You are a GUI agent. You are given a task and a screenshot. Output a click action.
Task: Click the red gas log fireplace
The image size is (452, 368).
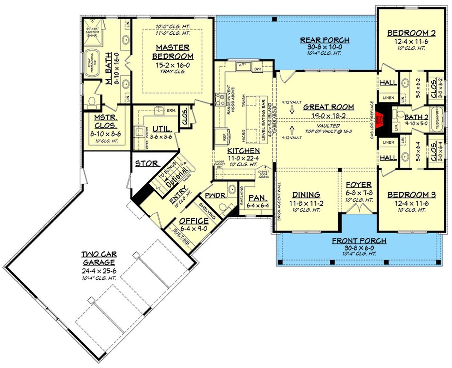pos(380,119)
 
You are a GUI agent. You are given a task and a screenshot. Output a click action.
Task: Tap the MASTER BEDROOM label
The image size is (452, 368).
pos(173,52)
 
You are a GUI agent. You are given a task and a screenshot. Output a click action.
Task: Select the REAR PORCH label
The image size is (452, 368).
pos(325,40)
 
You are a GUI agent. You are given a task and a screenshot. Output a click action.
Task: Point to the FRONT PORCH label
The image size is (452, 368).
pos(359,241)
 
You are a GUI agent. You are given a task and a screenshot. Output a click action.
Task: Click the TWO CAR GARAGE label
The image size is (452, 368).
pos(99,258)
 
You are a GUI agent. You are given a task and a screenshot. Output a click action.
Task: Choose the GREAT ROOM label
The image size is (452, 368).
pos(328,107)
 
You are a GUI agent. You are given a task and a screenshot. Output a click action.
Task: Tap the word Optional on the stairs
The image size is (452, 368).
pos(178,177)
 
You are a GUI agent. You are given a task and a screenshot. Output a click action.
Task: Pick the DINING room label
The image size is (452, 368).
pos(306,195)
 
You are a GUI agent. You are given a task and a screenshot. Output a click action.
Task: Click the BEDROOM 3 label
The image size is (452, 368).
pos(411,195)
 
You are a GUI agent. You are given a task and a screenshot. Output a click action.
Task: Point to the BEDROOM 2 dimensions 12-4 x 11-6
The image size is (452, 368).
pos(411,41)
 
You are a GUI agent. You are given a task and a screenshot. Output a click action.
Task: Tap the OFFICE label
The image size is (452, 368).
pos(194,221)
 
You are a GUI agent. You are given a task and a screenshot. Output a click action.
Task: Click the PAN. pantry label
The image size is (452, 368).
pos(258,198)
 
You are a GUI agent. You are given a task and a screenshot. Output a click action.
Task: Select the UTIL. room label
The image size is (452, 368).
pos(162,129)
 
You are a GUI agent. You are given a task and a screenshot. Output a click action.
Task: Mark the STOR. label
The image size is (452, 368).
pos(147,164)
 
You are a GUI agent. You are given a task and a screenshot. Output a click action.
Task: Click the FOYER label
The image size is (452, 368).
pos(358,185)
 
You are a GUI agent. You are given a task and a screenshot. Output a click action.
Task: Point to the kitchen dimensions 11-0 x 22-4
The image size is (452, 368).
pos(243,158)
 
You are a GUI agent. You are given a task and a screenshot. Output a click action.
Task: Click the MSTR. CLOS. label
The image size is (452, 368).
pos(106,121)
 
